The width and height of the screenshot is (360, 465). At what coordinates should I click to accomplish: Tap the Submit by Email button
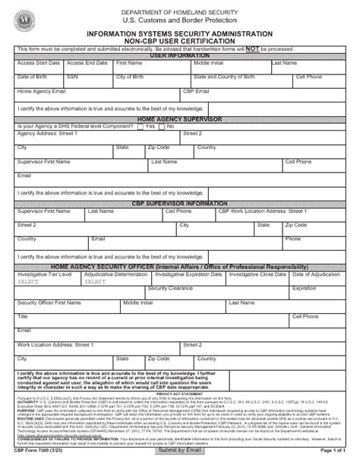coord(180,451)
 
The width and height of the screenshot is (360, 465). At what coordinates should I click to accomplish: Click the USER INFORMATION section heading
coord(179,56)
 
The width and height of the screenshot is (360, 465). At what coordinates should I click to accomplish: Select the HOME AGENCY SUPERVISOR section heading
coord(179,119)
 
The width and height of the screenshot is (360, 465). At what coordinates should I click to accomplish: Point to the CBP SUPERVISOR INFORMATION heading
coord(179,204)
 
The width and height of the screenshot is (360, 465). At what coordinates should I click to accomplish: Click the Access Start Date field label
coord(33,63)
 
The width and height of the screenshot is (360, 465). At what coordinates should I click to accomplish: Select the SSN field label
coord(72,77)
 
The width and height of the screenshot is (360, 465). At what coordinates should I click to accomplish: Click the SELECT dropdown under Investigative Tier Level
coord(28,281)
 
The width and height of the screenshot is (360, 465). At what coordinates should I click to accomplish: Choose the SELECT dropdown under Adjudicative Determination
coord(95,281)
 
